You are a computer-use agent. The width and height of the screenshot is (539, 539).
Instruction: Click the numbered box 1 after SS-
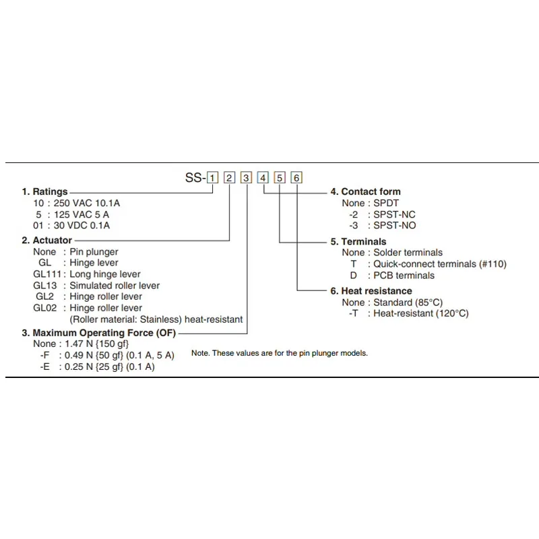coord(213,178)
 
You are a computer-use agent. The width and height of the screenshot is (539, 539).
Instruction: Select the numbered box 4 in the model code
coord(263,178)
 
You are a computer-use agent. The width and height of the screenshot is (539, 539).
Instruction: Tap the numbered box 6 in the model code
coord(297,178)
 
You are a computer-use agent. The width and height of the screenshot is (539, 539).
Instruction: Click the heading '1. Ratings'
coord(45,191)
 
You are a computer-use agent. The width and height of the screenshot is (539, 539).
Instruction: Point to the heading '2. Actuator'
coord(47,241)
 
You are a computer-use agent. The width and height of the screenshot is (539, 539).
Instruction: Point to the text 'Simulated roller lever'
coord(115,286)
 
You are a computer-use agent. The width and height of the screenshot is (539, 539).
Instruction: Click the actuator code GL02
coord(45,308)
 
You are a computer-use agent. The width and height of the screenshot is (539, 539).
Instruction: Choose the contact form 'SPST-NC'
coord(395,214)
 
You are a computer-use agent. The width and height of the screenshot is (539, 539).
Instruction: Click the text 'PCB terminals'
coord(404,275)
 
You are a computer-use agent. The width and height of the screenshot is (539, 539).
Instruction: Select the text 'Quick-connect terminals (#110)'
coord(439,264)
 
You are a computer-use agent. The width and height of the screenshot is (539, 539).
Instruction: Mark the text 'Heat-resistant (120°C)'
coord(421,313)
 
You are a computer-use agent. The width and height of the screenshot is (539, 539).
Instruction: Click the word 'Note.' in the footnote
coord(200,353)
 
